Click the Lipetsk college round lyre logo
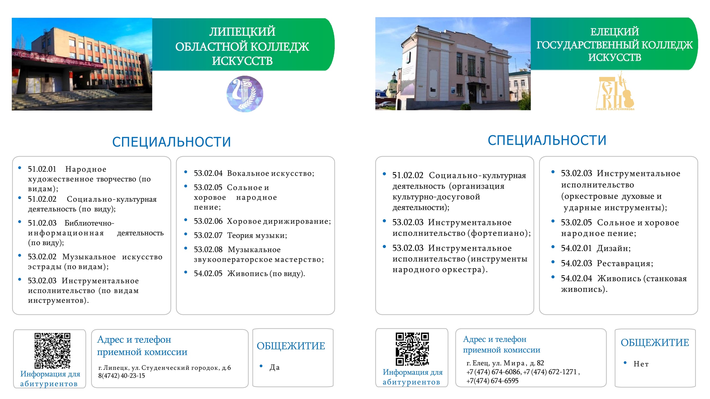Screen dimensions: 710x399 [x=245, y=94]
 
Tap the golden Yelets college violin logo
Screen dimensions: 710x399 [x=615, y=91]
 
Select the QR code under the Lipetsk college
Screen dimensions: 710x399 [x=52, y=351]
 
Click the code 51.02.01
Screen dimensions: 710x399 [x=42, y=169]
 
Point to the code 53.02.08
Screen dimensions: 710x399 [x=208, y=249]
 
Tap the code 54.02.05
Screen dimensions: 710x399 [x=208, y=273]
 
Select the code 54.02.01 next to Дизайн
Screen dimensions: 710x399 [x=576, y=248]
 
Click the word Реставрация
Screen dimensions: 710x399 [x=625, y=263]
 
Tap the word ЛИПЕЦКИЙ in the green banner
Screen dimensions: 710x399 [x=242, y=32]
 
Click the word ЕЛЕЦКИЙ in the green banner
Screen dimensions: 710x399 [x=615, y=32]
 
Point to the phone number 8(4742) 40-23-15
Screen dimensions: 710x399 [x=121, y=376]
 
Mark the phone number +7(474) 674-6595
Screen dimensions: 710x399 [x=492, y=381]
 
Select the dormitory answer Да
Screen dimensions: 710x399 [x=275, y=367]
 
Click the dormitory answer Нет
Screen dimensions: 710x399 [x=641, y=364]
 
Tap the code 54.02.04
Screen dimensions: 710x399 [x=576, y=278]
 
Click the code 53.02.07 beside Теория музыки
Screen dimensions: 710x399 [x=208, y=235]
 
